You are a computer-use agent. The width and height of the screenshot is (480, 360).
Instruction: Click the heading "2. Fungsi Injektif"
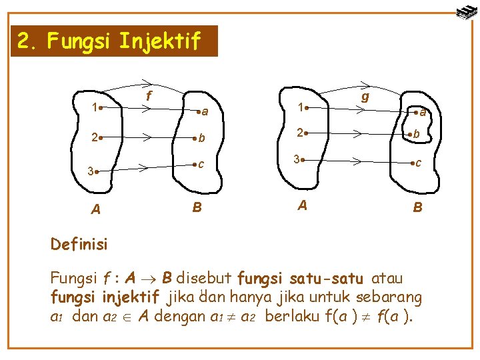[109, 42]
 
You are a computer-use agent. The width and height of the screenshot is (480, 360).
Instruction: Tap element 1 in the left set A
[97, 107]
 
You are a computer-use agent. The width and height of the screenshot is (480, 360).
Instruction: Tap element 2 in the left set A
[97, 138]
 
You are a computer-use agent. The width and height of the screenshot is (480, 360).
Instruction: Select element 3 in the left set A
[92, 171]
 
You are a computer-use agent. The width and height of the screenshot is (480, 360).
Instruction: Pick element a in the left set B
[203, 111]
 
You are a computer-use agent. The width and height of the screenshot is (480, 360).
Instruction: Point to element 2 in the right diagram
[303, 132]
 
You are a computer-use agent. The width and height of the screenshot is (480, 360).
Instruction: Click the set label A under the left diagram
[96, 209]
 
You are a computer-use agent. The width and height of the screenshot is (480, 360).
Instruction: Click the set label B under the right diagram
[417, 207]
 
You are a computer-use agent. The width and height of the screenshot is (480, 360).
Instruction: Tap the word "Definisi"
[79, 244]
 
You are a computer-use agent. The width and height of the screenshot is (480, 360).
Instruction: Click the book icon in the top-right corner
[465, 11]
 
